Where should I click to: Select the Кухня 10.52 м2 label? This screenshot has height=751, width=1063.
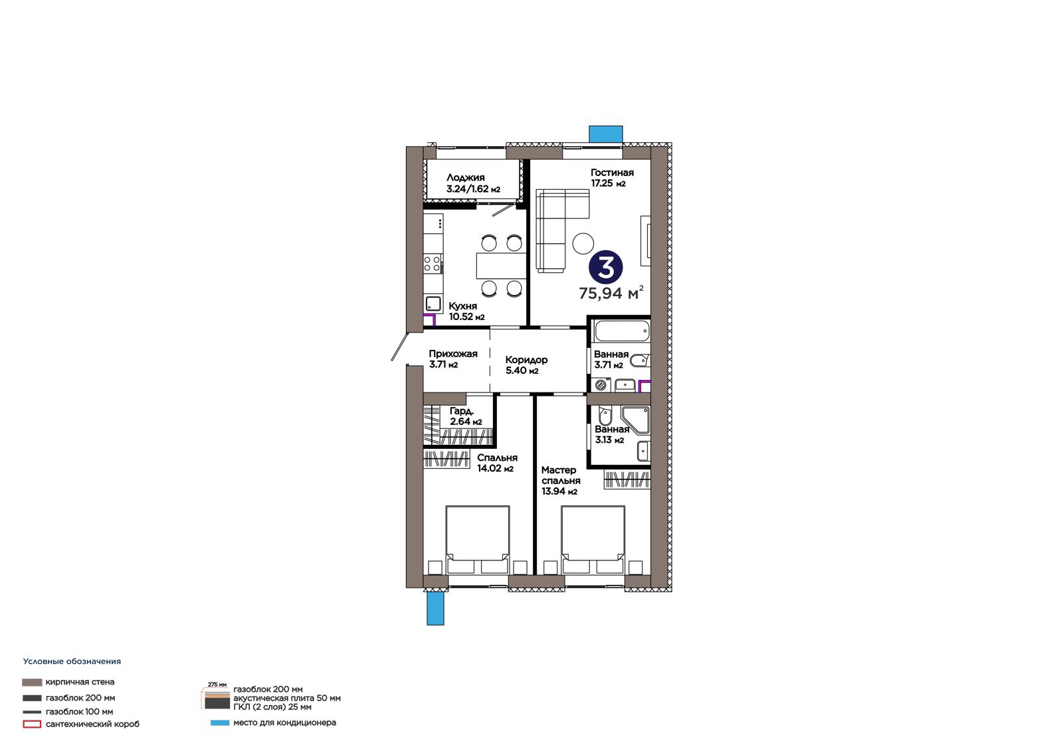[x=466, y=311]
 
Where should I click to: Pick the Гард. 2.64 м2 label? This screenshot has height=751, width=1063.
[x=466, y=416]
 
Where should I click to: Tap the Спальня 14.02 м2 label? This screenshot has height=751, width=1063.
[x=497, y=463]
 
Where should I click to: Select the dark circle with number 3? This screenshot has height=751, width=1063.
[x=605, y=268]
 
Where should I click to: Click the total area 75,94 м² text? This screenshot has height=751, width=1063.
[x=611, y=293]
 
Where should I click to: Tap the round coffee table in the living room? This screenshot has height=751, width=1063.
[x=583, y=244]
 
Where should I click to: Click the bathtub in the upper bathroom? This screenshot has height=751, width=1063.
[x=622, y=331]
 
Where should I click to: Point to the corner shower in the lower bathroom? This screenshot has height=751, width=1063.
[x=635, y=420]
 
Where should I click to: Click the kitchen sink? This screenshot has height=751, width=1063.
[x=433, y=303]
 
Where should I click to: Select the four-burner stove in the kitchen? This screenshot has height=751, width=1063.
[x=433, y=264]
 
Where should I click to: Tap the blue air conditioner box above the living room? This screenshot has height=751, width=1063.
[x=605, y=133]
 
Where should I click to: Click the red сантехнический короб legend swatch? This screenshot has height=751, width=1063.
[x=32, y=724]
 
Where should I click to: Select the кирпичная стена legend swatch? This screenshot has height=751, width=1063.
[x=32, y=682]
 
